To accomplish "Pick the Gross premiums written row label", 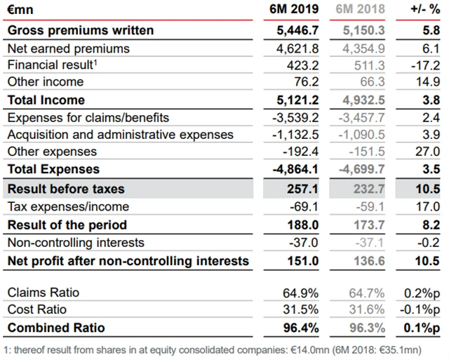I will (x=80, y=31).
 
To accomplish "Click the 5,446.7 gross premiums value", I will (x=297, y=31).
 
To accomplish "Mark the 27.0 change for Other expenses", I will (x=429, y=152).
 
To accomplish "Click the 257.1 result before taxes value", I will (x=303, y=189).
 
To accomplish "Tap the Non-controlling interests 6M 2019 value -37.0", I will (x=303, y=243).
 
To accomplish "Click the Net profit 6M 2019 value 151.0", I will (x=303, y=261).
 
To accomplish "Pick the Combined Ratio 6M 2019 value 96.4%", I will (x=300, y=328).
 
